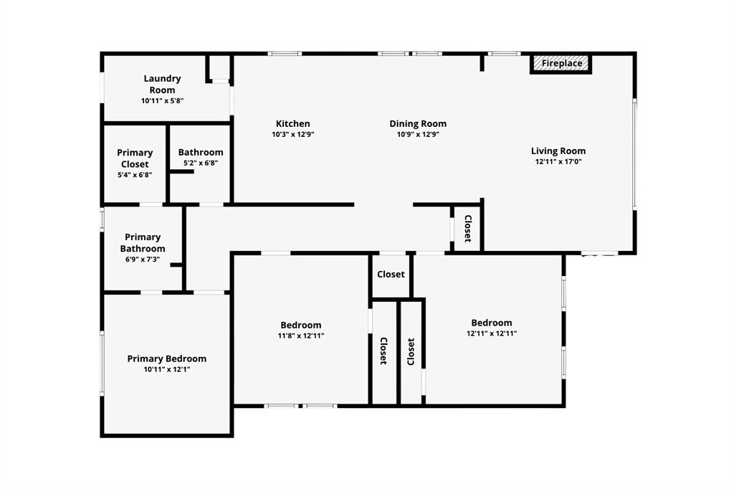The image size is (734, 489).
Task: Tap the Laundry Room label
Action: point(162,84)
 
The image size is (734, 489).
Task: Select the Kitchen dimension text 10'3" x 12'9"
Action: point(293,134)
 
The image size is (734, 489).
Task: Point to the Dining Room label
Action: point(418,123)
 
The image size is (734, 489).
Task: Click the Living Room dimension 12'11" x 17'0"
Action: point(558,161)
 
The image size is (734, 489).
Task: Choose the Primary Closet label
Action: point(135,158)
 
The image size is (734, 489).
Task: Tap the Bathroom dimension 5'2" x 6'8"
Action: point(201,163)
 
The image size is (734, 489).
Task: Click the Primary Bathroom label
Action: point(143,242)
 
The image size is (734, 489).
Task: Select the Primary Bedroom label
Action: point(167,359)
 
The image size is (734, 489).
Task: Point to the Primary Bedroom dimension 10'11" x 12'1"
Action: point(167,369)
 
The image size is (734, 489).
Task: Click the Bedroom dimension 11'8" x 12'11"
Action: point(300,336)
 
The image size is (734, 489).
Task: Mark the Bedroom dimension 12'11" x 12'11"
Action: point(492,333)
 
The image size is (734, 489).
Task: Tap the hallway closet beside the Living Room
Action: point(467,229)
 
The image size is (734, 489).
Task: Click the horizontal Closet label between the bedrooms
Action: point(391,274)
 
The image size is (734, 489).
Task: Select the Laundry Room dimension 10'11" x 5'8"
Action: point(162,101)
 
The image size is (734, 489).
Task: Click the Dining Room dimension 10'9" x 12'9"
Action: point(418,134)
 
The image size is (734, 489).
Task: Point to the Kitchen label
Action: point(293,123)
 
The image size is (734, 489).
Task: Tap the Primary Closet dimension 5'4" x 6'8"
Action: point(135,175)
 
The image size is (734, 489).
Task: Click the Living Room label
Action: point(558,151)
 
